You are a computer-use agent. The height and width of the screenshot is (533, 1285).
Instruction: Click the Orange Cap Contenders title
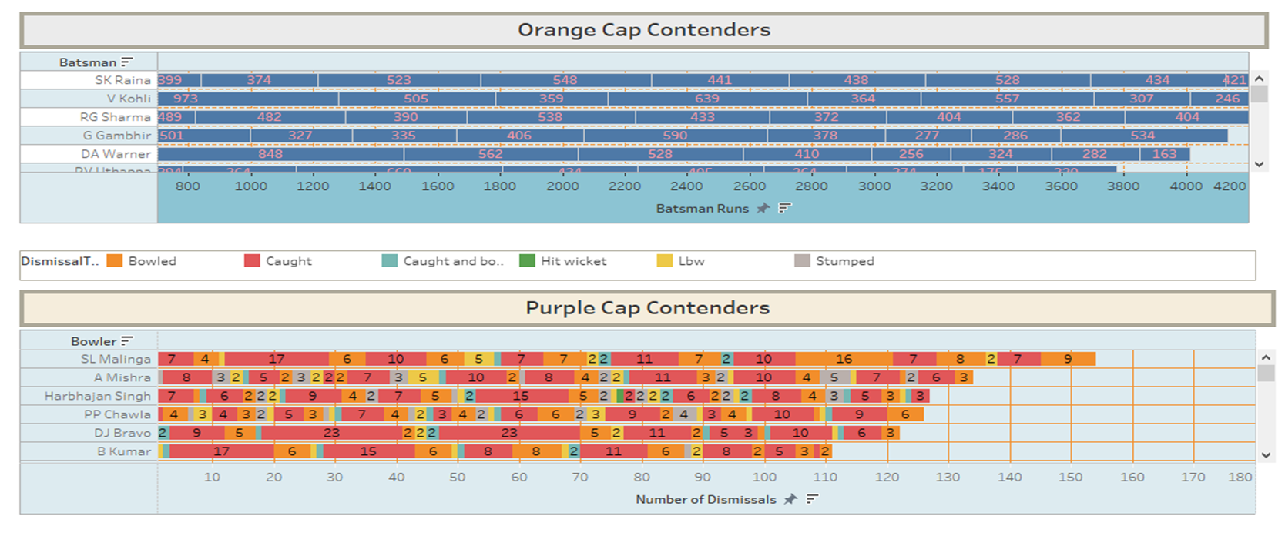tap(643, 30)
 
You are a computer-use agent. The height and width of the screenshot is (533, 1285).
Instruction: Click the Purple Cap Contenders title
tap(647, 308)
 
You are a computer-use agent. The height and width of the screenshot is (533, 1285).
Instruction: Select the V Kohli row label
tap(129, 99)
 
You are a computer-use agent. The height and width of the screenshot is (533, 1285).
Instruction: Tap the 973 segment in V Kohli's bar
tap(186, 99)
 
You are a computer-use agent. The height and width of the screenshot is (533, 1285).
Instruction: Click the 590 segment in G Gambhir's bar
tap(675, 136)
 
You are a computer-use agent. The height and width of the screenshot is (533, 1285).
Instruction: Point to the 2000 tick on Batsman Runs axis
tap(562, 186)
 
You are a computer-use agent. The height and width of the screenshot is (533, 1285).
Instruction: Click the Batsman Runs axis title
tap(702, 209)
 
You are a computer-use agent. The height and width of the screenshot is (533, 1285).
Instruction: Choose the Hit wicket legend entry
tap(573, 261)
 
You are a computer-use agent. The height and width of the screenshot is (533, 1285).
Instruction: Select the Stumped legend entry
tap(844, 261)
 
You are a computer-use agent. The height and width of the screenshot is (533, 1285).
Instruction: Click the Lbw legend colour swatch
tap(664, 261)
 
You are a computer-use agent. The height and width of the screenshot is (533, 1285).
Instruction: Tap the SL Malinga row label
tap(116, 359)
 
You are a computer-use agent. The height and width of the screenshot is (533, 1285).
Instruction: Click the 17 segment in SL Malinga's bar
tap(277, 359)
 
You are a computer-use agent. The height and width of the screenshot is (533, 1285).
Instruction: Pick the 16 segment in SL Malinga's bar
tap(844, 359)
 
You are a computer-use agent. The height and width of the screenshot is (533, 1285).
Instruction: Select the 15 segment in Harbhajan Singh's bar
tap(521, 396)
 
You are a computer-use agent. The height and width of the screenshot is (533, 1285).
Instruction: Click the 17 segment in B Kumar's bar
tap(221, 451)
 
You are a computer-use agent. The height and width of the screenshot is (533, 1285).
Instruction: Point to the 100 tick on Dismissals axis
tap(764, 478)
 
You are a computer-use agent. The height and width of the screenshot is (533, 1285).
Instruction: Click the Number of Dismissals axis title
tap(706, 500)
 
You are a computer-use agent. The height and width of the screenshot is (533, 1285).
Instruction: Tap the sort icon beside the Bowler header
tap(127, 341)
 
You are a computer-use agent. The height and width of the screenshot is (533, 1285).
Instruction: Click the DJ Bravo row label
tap(122, 433)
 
